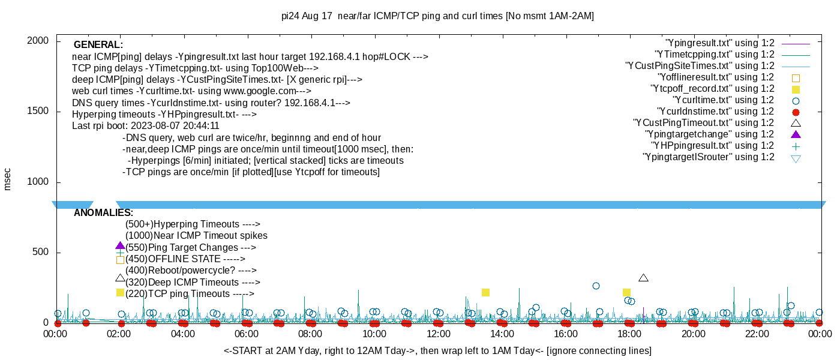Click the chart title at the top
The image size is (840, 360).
tap(438, 16)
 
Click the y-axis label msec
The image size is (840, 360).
tap(8, 179)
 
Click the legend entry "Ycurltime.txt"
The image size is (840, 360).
tap(723, 100)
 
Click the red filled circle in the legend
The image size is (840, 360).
tap(796, 112)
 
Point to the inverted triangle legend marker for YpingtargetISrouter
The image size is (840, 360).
tap(796, 158)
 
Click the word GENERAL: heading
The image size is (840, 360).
tap(98, 45)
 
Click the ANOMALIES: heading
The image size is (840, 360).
tap(103, 213)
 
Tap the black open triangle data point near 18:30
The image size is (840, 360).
tap(643, 278)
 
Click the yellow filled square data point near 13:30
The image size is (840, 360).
tap(485, 293)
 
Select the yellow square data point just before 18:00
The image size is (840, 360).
tap(626, 293)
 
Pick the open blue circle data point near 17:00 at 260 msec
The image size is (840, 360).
tap(596, 286)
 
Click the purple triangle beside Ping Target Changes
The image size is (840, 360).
tap(120, 246)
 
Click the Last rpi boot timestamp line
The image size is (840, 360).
tap(146, 126)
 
